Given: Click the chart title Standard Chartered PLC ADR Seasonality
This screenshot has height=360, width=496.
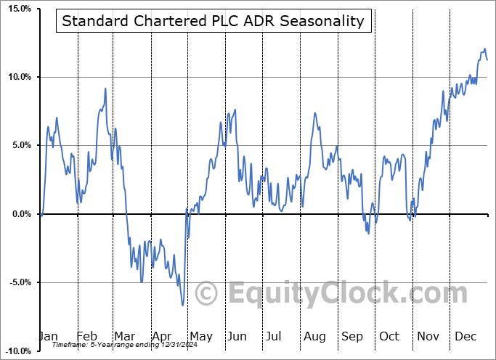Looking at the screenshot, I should tap(213, 20).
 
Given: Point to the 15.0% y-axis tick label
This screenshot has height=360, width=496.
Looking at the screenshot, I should tap(17, 9).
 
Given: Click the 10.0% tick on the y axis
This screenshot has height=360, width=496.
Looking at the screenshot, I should tap(17, 77).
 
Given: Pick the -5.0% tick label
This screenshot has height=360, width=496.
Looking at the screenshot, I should tap(17, 282).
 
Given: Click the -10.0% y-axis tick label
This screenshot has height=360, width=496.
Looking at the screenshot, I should tap(16, 351).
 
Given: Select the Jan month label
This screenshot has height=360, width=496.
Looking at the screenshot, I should tap(48, 337).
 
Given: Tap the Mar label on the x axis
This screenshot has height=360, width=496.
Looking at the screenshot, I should tap(124, 337).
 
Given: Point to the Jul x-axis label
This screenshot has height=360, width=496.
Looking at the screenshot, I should tap(275, 337).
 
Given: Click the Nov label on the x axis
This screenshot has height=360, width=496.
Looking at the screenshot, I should tap(427, 337).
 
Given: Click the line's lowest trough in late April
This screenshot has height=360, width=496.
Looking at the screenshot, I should tap(183, 305).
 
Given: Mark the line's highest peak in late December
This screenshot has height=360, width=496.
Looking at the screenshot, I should tap(484, 49).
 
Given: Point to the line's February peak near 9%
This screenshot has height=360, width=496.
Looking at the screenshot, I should tap(105, 89).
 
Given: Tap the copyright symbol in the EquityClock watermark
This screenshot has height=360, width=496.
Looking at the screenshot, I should tap(207, 293).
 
